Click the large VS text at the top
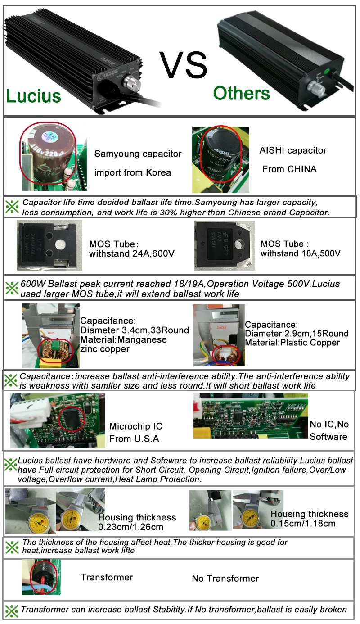184,66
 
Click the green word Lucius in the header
33,95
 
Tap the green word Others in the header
241,93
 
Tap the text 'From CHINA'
289,169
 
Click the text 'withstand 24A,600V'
132,253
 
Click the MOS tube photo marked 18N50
224,244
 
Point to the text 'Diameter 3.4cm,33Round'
134,330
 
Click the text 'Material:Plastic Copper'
292,343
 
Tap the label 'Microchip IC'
135,426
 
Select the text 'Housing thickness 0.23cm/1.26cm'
137,522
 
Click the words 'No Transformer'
225,579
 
